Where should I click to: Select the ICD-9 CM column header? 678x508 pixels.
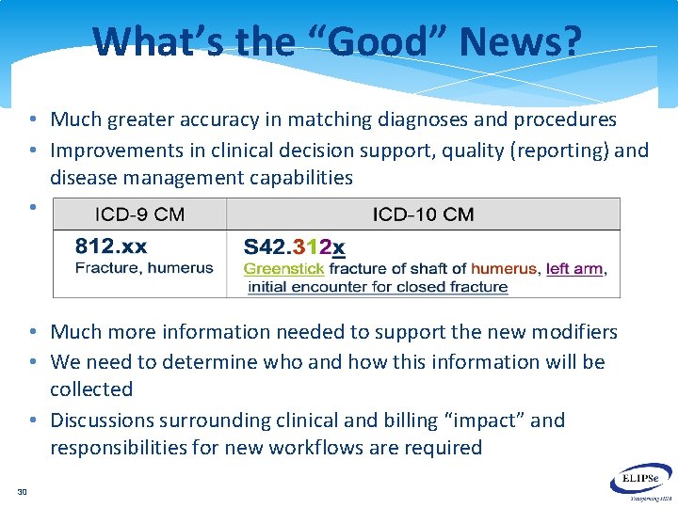[x=138, y=214]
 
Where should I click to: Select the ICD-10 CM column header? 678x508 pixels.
[x=423, y=214]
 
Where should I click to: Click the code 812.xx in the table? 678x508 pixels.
[x=111, y=247]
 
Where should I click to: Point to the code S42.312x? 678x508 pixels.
[x=294, y=248]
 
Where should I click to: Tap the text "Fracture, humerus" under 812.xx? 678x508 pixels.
[x=144, y=269]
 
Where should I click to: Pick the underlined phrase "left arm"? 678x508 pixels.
[x=573, y=269]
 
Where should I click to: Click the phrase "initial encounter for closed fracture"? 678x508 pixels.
[x=378, y=287]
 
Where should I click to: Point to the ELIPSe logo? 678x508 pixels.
[x=645, y=482]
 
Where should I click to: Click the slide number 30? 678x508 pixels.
[x=22, y=491]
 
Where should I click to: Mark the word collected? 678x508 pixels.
[x=91, y=389]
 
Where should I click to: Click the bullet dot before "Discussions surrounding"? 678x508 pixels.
[x=32, y=421]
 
